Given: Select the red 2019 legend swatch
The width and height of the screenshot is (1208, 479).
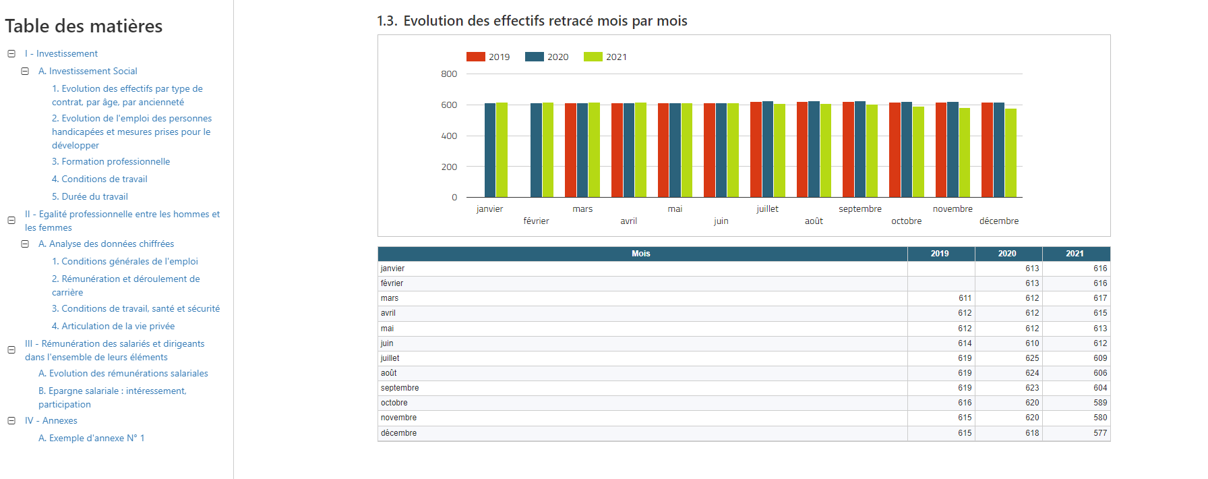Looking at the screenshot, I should (476, 57).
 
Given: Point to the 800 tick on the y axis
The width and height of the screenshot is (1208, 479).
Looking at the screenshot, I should (449, 74).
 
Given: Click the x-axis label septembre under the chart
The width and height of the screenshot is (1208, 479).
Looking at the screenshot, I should (859, 209).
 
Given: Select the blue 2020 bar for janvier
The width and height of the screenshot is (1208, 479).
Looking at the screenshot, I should (490, 150).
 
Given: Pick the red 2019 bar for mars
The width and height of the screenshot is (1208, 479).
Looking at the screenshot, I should (570, 150).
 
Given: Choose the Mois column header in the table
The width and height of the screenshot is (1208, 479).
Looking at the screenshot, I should (640, 254).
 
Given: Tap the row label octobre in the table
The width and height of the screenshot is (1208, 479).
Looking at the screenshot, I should (394, 403).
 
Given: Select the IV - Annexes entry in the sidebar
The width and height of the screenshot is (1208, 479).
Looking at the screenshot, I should (51, 420).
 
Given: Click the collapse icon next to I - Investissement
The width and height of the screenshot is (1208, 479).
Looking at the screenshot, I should (11, 53).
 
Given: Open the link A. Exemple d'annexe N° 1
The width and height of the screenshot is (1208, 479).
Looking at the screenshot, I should (91, 438).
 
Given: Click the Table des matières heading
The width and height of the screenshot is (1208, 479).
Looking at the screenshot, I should (84, 26).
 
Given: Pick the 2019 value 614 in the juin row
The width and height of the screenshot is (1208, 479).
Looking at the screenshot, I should (964, 343).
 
